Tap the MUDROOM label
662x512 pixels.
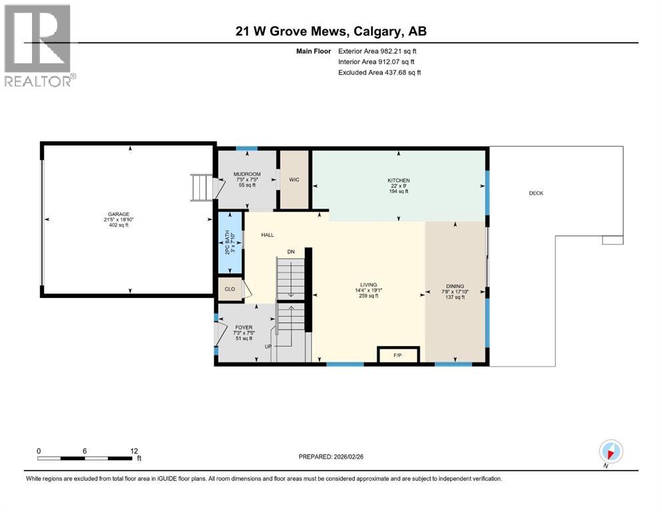(247, 175)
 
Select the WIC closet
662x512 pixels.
(294, 179)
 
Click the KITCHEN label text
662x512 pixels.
(399, 181)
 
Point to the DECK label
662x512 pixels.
(536, 193)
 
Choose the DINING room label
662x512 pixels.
(455, 287)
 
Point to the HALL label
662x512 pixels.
(267, 235)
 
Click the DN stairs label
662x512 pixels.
(291, 252)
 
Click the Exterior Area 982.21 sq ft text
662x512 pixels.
(379, 51)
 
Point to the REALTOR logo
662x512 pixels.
(38, 45)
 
